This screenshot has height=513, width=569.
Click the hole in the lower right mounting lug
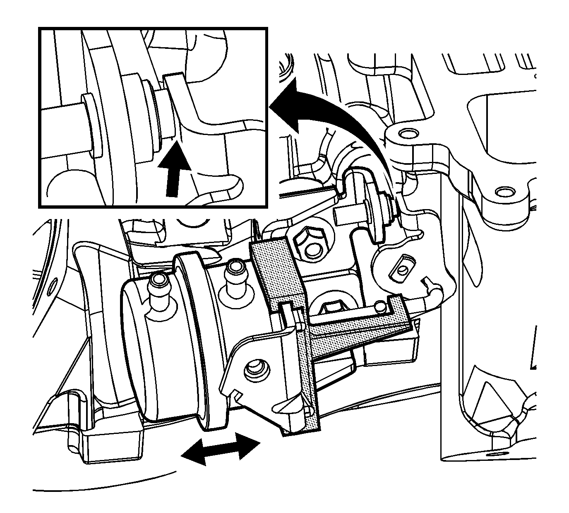coord(503,192)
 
